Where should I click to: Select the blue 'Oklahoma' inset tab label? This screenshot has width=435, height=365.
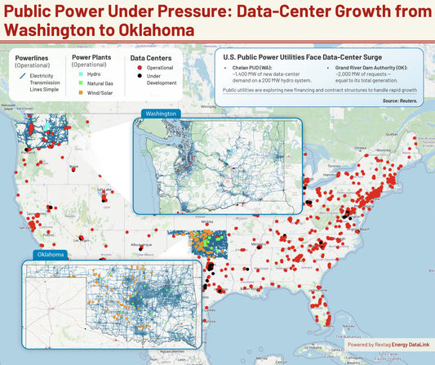click(51, 255)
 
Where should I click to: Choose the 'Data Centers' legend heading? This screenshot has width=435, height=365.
click(149, 59)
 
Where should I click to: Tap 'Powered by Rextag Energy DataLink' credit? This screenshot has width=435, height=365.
click(386, 345)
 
